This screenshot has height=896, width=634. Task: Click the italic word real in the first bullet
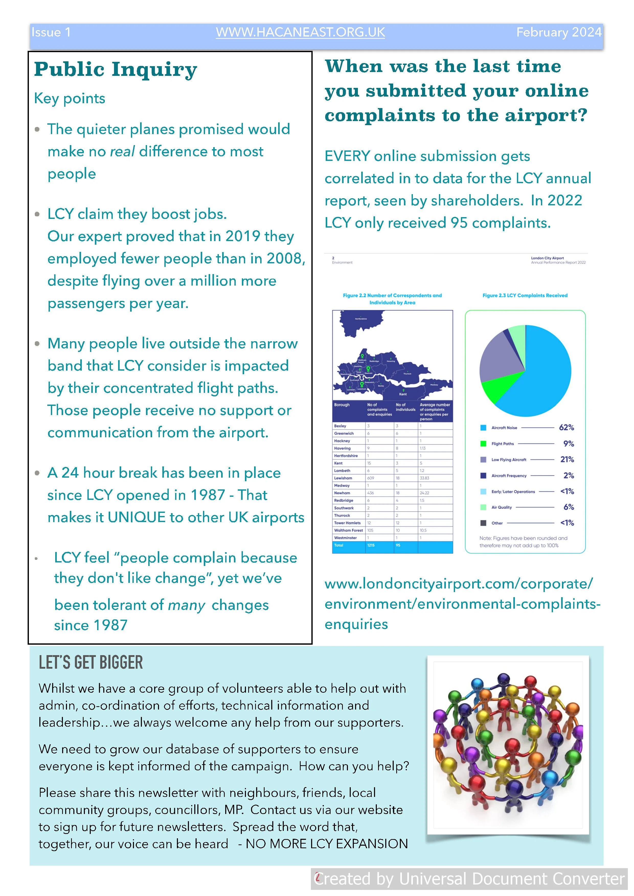[122, 151]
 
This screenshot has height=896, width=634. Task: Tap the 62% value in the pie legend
[566, 428]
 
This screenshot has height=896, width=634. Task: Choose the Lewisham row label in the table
[343, 478]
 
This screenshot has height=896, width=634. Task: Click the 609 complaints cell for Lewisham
[370, 478]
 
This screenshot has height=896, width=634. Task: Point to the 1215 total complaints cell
[371, 545]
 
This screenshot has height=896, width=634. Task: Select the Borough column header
[342, 405]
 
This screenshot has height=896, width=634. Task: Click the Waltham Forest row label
[348, 530]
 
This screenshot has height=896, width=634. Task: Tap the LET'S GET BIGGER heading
[91, 663]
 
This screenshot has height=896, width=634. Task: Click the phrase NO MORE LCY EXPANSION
[326, 844]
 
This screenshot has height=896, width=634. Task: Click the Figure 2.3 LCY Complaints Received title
[525, 296]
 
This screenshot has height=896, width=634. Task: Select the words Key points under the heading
[70, 98]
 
